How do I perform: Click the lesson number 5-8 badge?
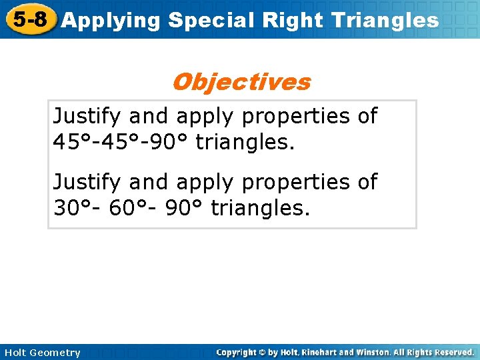[30, 19]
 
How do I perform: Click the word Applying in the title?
[111, 21]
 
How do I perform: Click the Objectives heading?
[241, 82]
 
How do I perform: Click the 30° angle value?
[71, 207]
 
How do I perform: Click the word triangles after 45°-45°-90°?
[245, 141]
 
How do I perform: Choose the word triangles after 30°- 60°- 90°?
[261, 207]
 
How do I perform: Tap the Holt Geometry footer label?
[41, 352]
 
